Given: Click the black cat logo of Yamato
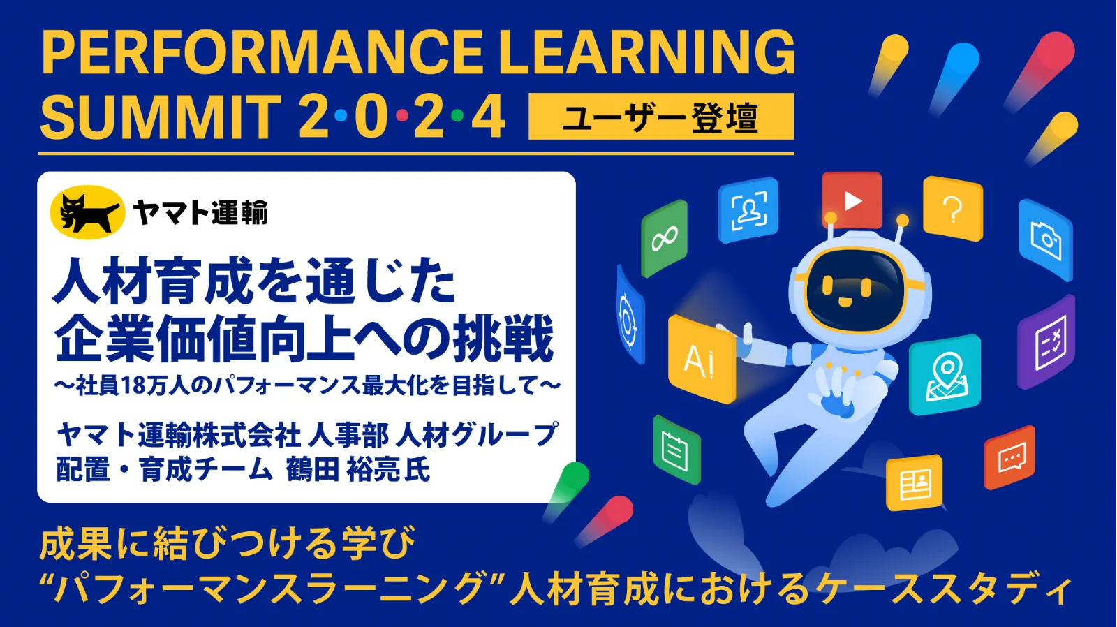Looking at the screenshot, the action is tap(88, 213).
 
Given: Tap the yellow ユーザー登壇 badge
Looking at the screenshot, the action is tap(660, 116).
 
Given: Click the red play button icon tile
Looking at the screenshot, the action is tap(852, 200).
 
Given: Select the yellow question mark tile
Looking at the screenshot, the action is tap(952, 209).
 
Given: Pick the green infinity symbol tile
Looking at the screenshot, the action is tap(664, 238).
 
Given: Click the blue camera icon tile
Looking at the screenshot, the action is tap(1046, 240).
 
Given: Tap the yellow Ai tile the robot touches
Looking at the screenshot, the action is tap(701, 360).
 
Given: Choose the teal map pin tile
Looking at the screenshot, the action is tap(945, 375).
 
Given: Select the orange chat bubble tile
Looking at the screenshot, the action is tap(1009, 457).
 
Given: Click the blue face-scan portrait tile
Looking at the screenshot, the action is tap(748, 210).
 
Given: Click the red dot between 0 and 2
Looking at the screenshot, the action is tap(402, 116).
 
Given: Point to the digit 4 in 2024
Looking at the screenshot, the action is tap(488, 117).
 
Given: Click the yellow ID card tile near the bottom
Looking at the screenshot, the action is tap(914, 482).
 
